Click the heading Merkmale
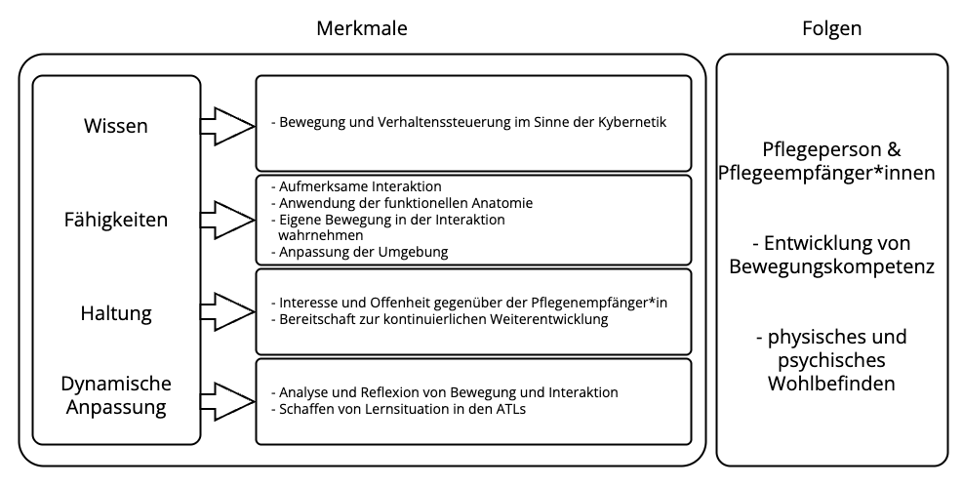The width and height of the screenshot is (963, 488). tap(362, 28)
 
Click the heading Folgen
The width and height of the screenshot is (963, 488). tap(831, 28)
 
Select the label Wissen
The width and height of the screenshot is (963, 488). tap(116, 126)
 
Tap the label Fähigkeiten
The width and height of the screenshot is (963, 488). tap(116, 220)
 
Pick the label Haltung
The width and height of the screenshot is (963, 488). tap(116, 313)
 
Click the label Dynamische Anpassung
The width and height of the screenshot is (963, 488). tap(116, 395)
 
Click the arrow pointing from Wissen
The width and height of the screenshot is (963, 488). tap(228, 127)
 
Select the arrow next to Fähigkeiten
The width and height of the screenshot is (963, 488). tap(228, 220)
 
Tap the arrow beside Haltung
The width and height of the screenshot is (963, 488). tap(228, 312)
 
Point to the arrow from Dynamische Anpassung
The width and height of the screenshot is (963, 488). tap(228, 402)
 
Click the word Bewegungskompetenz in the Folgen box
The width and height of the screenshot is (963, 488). tap(831, 267)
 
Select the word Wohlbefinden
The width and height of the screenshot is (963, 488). tap(831, 385)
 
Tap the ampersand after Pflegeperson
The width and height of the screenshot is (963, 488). tap(894, 150)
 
